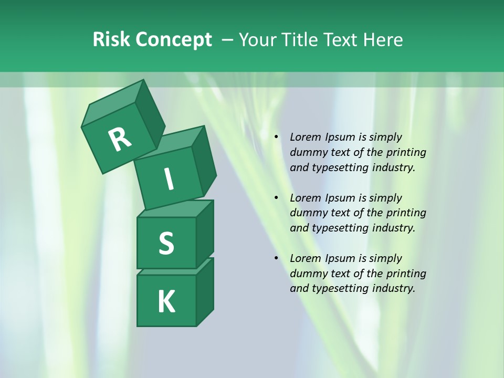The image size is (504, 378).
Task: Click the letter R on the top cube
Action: click(120, 139)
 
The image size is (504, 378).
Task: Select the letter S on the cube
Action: click(166, 243)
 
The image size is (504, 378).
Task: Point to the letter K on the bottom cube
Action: click(166, 302)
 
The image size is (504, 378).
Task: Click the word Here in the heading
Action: click(383, 40)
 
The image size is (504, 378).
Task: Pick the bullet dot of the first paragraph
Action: click(276, 138)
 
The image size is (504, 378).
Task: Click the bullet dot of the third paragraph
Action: click(276, 259)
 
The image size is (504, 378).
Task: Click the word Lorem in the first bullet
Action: click(304, 138)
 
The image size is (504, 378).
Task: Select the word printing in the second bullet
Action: click(406, 213)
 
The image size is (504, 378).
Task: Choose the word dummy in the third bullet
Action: click(308, 274)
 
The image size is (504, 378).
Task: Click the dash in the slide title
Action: click(228, 40)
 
